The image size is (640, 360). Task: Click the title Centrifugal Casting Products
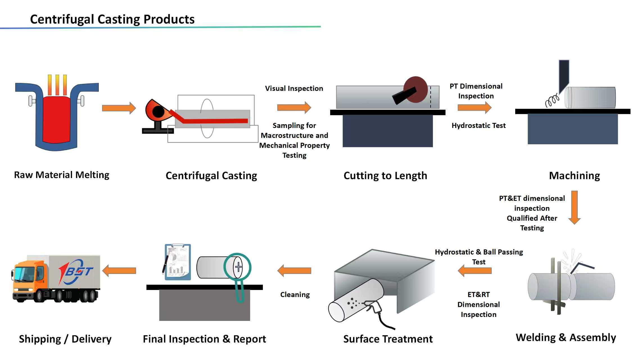coord(112,19)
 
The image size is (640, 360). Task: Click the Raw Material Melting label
coord(62,175)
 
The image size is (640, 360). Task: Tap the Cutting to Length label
coord(385,175)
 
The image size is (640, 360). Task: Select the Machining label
coord(575,175)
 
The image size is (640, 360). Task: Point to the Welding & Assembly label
coord(566,337)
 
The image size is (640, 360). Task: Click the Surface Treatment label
coord(388,339)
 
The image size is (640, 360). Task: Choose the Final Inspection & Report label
coord(204,339)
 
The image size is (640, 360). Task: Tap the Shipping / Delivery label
coord(65,339)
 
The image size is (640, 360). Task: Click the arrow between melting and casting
coord(119,108)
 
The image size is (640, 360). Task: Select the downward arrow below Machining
coord(575,208)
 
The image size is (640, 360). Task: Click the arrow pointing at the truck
coord(119,271)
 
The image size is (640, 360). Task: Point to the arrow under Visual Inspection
coord(294,107)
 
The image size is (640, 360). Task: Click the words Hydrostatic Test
coord(478,125)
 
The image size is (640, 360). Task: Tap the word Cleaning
coord(295,294)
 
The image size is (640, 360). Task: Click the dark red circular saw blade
coord(416,89)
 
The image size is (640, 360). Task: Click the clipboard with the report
coord(178,262)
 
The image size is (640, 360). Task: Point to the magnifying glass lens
coord(238,267)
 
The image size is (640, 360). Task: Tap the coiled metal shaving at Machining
coord(552,100)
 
